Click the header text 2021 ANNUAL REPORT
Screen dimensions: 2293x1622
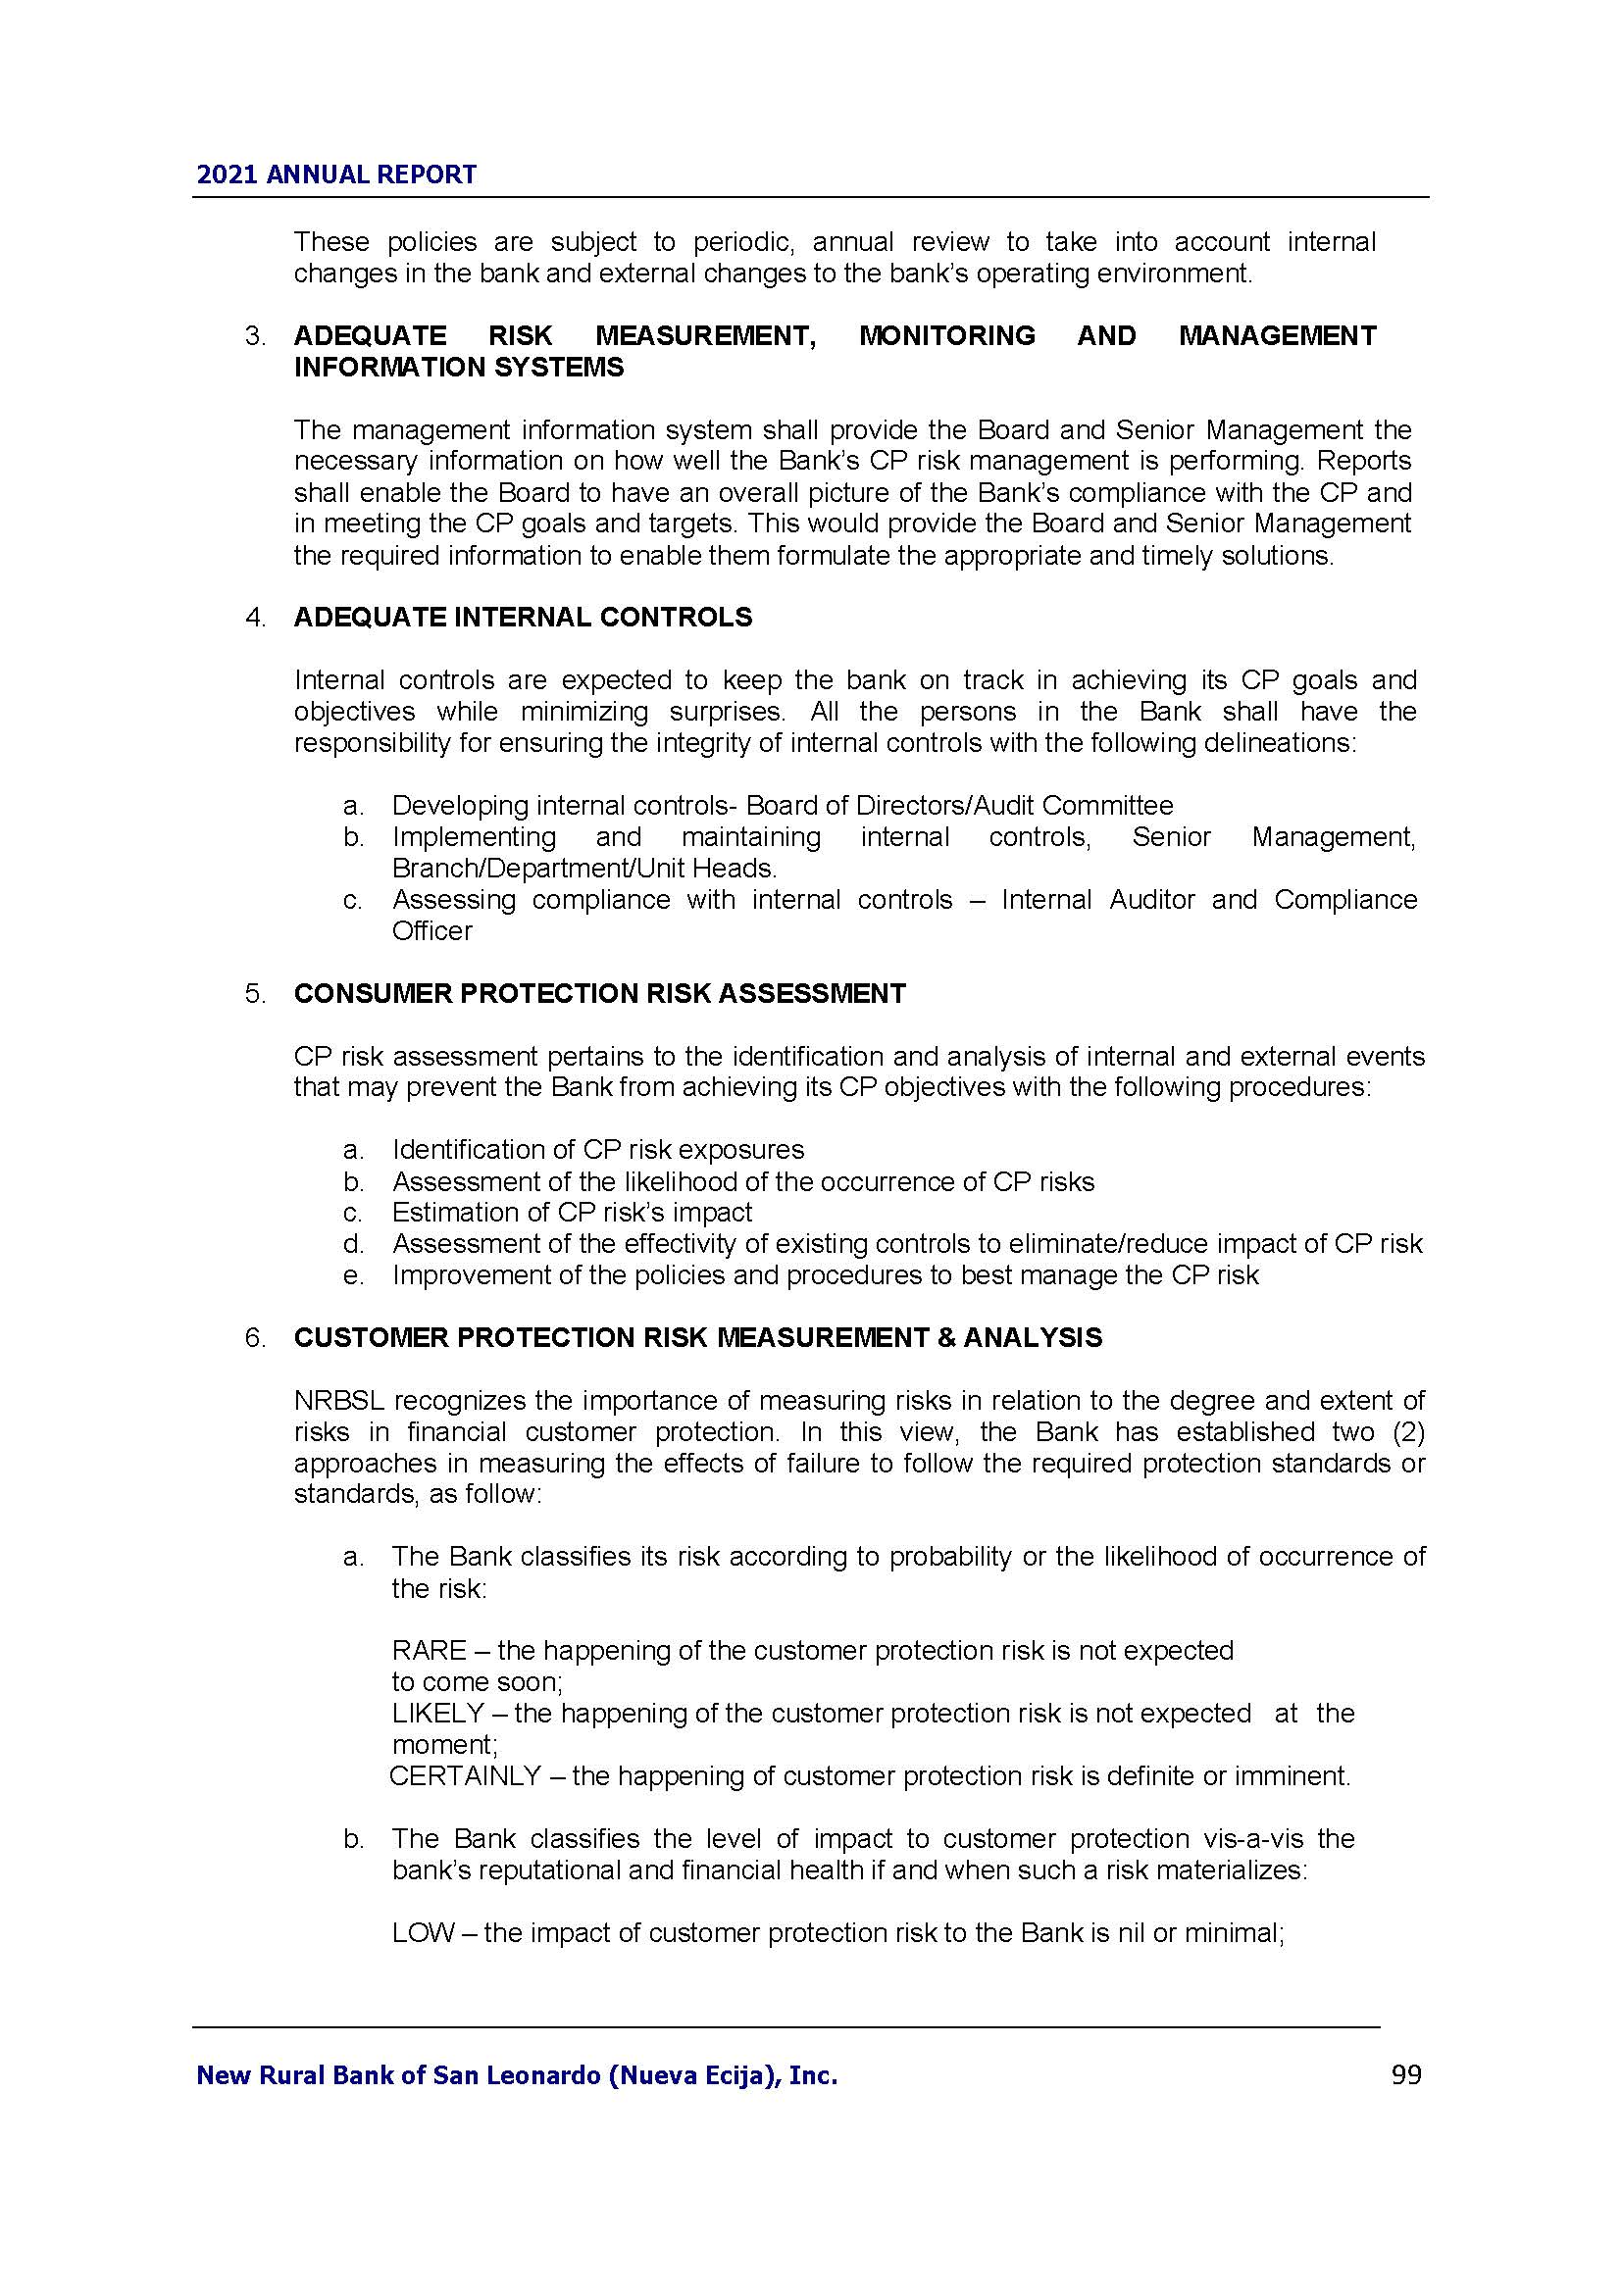coord(336,174)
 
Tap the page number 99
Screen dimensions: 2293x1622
coord(1406,2075)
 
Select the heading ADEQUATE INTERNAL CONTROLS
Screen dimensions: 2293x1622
coord(523,618)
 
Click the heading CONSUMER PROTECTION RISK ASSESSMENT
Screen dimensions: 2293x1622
coord(599,994)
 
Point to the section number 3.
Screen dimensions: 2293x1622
coord(255,336)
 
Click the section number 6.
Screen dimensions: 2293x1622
coord(255,1338)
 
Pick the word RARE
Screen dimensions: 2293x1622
coord(430,1651)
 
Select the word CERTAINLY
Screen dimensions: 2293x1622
coord(465,1776)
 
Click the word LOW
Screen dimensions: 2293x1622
coord(424,1933)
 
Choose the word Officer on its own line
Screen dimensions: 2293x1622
coord(431,930)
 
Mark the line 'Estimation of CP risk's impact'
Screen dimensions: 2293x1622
coord(572,1213)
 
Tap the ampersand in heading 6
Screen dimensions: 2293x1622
coord(948,1338)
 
